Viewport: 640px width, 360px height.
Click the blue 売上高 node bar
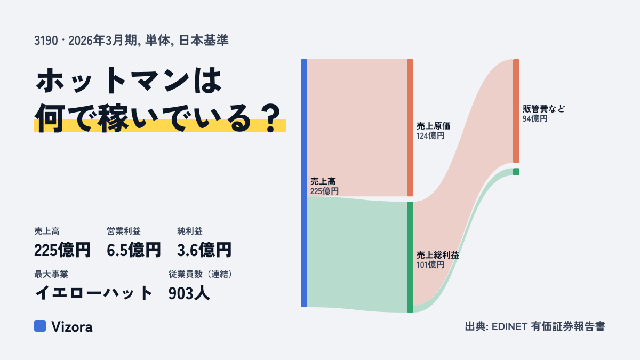(304, 183)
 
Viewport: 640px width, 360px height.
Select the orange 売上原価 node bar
(410, 127)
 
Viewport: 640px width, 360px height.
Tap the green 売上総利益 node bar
(410, 257)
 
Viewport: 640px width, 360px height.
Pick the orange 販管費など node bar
(516, 111)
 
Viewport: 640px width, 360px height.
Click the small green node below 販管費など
(516, 172)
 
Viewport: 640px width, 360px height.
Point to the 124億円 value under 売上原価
(430, 135)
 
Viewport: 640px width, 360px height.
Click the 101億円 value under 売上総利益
(430, 265)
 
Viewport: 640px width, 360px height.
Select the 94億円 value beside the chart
(535, 118)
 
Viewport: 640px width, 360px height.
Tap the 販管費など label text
(543, 109)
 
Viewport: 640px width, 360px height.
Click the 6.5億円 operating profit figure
(134, 250)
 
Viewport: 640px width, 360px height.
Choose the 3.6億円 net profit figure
(204, 250)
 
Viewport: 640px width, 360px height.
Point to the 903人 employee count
(189, 293)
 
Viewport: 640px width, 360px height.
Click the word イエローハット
(93, 293)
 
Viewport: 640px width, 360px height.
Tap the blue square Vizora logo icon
(40, 326)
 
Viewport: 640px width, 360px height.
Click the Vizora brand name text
(71, 326)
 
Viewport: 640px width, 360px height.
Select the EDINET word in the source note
(509, 326)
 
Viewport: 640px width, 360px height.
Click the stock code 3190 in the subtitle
(46, 41)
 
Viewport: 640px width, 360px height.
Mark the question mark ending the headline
(271, 118)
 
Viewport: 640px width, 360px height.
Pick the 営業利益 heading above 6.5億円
(124, 231)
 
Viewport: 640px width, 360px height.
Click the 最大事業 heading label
(51, 274)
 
